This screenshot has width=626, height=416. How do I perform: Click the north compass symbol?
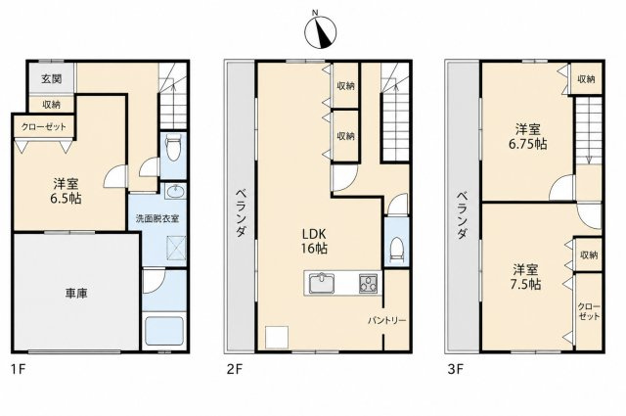(x=320, y=32)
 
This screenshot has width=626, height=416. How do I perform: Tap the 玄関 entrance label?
(x=52, y=78)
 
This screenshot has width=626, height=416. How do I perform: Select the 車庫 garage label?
(x=76, y=294)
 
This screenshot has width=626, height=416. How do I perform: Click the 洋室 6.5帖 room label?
(x=66, y=191)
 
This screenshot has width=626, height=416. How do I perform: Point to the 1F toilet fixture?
(x=173, y=147)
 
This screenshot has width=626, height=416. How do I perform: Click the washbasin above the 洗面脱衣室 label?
(x=174, y=192)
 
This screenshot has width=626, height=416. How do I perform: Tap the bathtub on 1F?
(x=164, y=331)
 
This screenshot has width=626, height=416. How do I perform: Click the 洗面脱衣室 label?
(x=156, y=219)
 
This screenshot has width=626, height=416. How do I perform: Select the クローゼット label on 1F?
(x=43, y=127)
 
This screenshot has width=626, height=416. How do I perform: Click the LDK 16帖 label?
(x=314, y=241)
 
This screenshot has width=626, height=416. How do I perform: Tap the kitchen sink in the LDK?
(x=322, y=283)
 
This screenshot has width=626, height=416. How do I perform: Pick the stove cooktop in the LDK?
(x=369, y=284)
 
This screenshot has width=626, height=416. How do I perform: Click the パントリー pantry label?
(x=387, y=320)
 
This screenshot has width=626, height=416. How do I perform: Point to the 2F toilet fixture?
(x=397, y=250)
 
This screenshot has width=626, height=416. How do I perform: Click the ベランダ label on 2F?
(x=241, y=212)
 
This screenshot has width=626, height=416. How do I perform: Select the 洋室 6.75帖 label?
(x=528, y=137)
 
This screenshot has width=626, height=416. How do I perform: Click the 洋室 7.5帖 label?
(x=525, y=277)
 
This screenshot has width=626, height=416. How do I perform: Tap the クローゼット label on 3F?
(x=589, y=311)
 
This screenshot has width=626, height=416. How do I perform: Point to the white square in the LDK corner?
(x=277, y=337)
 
